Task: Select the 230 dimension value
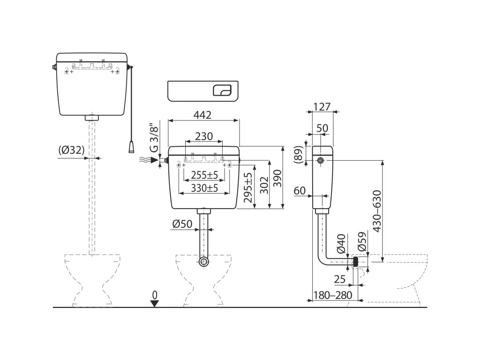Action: [x=204, y=136]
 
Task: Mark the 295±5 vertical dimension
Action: [x=249, y=187]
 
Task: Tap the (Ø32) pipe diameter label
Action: [x=72, y=150]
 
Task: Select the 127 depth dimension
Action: [x=321, y=106]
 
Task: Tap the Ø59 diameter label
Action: [x=362, y=242]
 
